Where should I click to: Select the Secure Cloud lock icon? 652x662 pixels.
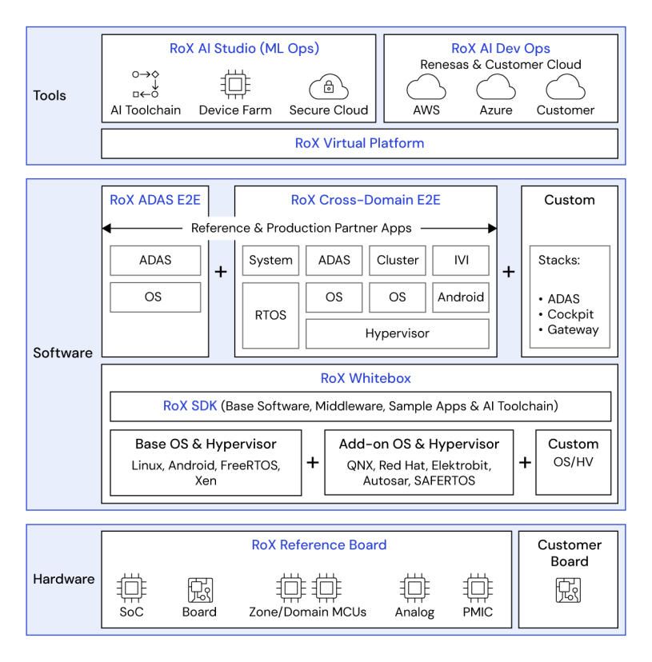[x=328, y=86]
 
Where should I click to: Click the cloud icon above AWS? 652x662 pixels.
[x=426, y=87]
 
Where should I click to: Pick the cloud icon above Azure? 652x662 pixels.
[x=496, y=87]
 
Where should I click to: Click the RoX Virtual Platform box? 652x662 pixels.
[x=359, y=144]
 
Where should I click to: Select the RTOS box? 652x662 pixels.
[x=270, y=315]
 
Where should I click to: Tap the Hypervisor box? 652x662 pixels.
[x=397, y=333]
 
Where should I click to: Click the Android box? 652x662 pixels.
[x=461, y=297]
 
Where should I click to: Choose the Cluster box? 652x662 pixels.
[x=398, y=261]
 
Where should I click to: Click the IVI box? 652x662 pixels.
[x=461, y=261]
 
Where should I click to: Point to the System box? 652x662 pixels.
[x=270, y=261]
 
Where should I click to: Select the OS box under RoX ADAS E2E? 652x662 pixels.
[x=154, y=297]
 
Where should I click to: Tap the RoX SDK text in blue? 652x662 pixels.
[x=190, y=406]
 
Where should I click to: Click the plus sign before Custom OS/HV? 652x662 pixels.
[x=525, y=463]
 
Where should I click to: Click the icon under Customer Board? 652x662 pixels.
[x=569, y=590]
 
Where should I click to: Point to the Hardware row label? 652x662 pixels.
[x=64, y=579]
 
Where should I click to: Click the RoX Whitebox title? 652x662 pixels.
[x=359, y=379]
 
